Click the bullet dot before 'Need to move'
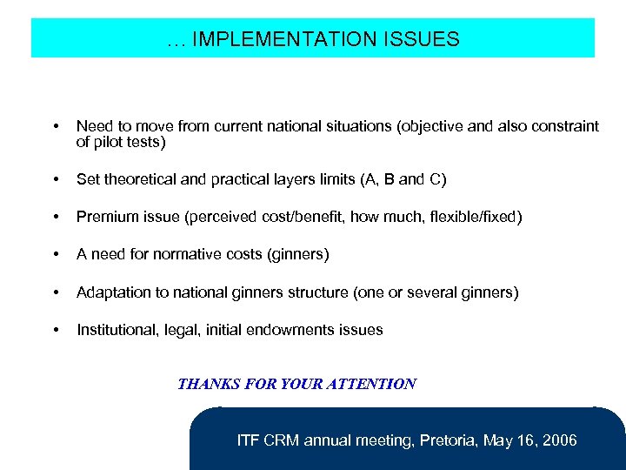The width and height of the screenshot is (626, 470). point(57,127)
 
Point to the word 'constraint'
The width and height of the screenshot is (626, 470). point(565,126)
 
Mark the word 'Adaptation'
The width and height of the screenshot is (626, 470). point(114,292)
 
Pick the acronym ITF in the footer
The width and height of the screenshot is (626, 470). point(249,440)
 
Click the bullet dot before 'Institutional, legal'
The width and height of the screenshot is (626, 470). point(57,330)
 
